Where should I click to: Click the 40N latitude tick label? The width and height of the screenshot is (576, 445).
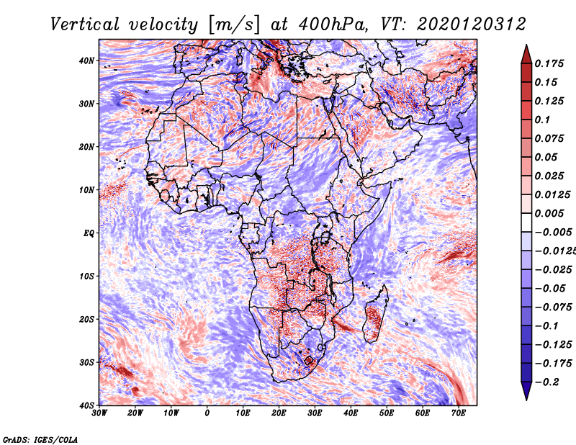click(x=86, y=60)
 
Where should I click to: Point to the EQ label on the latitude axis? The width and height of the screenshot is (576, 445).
click(x=89, y=233)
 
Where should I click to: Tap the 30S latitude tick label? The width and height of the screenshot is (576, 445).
click(x=86, y=362)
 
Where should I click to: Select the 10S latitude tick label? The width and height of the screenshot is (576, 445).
click(x=86, y=276)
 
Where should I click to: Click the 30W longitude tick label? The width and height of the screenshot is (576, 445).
click(x=99, y=413)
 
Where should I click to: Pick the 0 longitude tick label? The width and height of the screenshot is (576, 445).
click(x=207, y=413)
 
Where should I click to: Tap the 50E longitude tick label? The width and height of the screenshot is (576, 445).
click(x=387, y=413)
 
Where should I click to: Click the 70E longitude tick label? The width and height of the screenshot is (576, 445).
click(x=459, y=413)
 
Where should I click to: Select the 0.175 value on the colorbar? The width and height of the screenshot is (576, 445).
click(x=549, y=63)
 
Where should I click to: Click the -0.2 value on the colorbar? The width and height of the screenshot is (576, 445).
click(x=547, y=382)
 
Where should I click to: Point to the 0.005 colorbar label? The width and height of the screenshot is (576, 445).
click(x=549, y=213)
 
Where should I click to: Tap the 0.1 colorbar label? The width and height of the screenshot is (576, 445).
click(x=542, y=120)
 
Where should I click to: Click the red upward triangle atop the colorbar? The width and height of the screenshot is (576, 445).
click(x=526, y=55)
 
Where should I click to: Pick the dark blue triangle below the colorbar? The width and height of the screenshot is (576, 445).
click(x=526, y=390)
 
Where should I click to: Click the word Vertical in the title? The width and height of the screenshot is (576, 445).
click(x=85, y=24)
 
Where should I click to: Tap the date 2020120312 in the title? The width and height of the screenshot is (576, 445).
click(x=472, y=24)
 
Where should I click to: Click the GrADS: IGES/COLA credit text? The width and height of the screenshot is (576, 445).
click(x=40, y=439)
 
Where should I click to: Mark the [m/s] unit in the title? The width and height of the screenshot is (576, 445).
click(x=234, y=24)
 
